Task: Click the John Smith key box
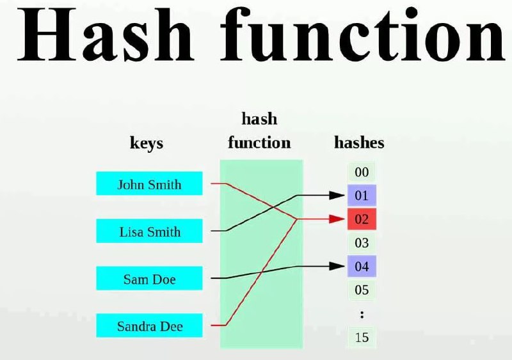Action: click(x=149, y=184)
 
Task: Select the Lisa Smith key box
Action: click(x=149, y=231)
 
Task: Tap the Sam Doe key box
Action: click(x=149, y=278)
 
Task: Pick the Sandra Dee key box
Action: click(x=149, y=325)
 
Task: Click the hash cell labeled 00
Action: click(x=362, y=172)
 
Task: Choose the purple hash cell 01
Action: click(x=362, y=196)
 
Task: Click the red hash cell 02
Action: click(x=362, y=219)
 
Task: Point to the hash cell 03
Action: click(x=362, y=243)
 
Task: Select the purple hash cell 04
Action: click(x=362, y=267)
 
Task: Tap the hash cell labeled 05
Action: click(x=362, y=290)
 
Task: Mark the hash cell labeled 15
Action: click(x=362, y=337)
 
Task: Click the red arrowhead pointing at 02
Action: click(x=337, y=219)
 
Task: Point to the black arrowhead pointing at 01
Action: click(x=337, y=196)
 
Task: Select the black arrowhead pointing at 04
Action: click(x=337, y=267)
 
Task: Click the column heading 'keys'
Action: click(x=147, y=143)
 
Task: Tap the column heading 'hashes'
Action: click(x=359, y=143)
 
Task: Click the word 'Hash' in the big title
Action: click(x=106, y=35)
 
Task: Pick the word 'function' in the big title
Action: click(x=363, y=35)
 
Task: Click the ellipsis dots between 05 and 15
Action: click(x=362, y=315)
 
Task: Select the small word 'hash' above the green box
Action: click(x=259, y=118)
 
